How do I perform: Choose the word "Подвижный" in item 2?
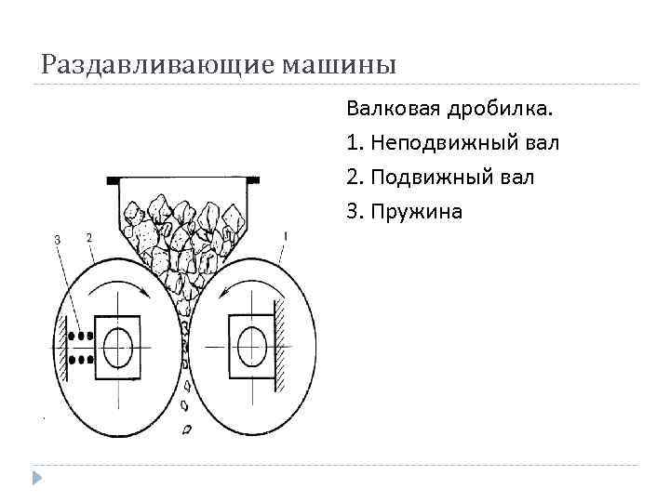(427, 178)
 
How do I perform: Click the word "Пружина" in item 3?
(416, 212)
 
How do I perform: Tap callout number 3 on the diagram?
(58, 240)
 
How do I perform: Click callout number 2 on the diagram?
(88, 237)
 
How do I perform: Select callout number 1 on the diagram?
(285, 237)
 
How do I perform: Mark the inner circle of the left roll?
(118, 348)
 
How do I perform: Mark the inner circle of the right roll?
(249, 348)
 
